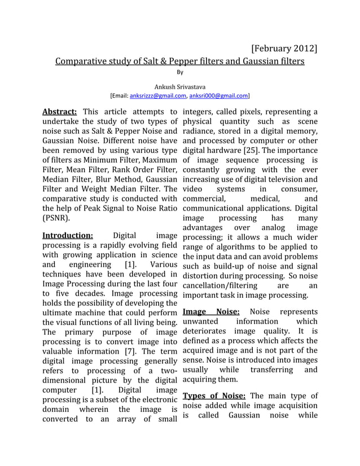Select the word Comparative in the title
pyautogui.click(x=83, y=60)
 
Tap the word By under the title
pyautogui.click(x=180, y=72)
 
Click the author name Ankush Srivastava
pyautogui.click(x=180, y=87)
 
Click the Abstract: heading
pyautogui.click(x=60, y=111)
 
